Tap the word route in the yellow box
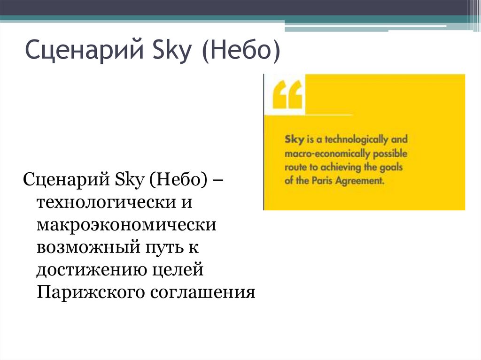(295, 167)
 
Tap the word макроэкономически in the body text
(127, 225)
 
